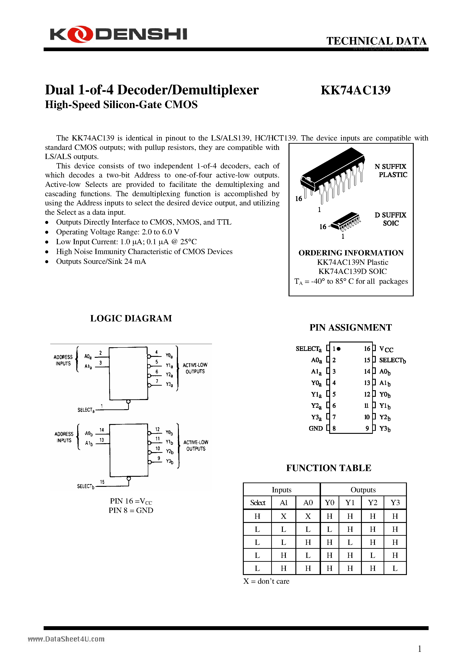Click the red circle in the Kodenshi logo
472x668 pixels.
coord(80,34)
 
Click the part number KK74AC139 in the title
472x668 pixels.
coord(355,90)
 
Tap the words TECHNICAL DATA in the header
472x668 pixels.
coord(376,41)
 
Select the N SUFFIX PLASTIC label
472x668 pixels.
coord(391,170)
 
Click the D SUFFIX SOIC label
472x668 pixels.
coord(390,219)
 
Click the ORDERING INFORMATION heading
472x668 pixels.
coord(351,253)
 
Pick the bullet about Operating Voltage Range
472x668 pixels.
coord(118,232)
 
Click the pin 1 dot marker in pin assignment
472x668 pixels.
coord(339,349)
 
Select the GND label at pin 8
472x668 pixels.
coord(316,429)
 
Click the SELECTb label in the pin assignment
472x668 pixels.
coord(392,360)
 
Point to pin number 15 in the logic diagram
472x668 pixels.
coord(102,482)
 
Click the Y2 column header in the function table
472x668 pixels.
coord(372,503)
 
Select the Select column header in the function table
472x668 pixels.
coord(257,503)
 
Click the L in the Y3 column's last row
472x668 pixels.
coord(395,568)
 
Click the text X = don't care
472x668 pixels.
coord(266,581)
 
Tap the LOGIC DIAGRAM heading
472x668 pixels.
coord(131,318)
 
